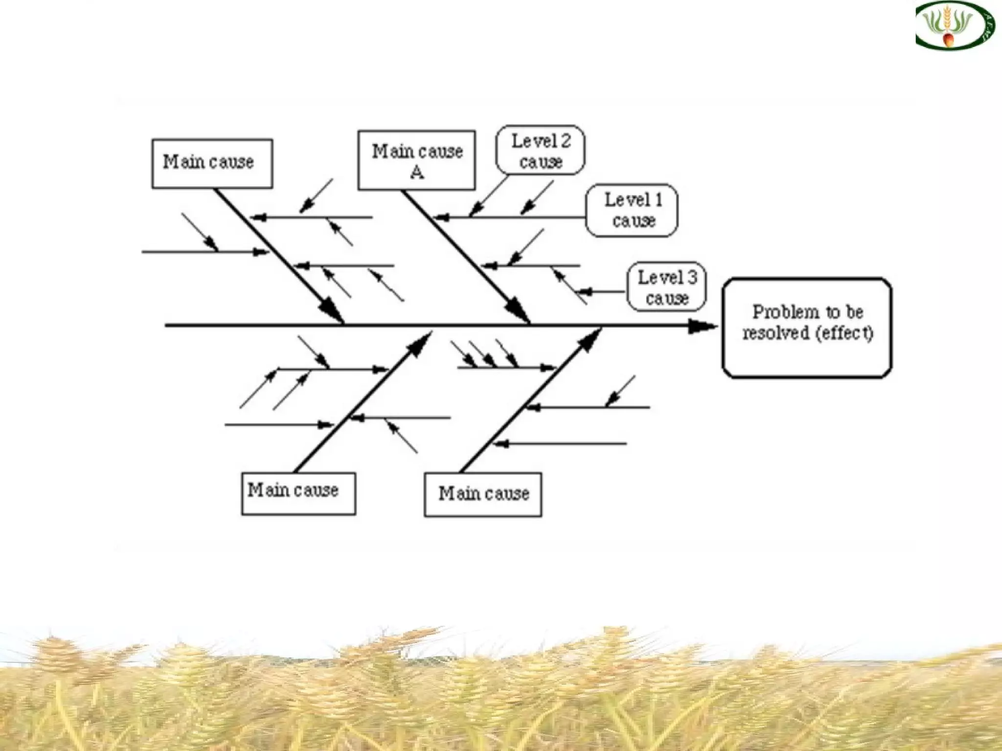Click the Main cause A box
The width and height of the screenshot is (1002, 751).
416,160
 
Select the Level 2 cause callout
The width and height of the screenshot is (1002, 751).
540,150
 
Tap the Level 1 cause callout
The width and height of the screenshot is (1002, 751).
632,210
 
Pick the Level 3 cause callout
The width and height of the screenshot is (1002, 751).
666,287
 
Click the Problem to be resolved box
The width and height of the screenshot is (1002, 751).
807,328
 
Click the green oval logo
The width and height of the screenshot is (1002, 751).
955,25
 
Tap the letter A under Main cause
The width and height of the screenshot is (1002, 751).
417,172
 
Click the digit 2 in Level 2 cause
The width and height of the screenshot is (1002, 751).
566,141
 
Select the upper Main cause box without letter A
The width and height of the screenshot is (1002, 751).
212,163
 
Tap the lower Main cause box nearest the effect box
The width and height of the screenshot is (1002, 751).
483,494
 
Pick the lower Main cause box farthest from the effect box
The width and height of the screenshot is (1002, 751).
298,493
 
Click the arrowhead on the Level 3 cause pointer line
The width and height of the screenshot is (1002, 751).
585,292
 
